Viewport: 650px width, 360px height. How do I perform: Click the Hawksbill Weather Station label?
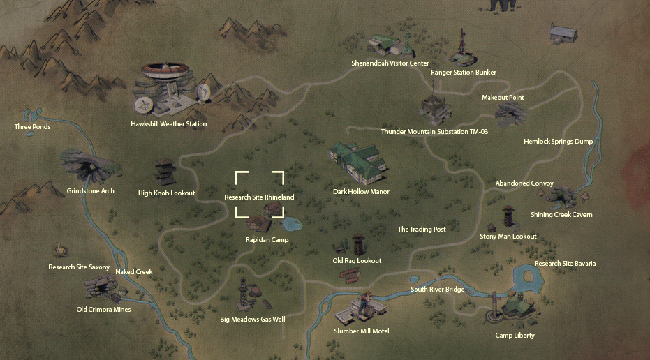pyautogui.click(x=169, y=124)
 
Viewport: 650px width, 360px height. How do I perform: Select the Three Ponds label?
pyautogui.click(x=33, y=127)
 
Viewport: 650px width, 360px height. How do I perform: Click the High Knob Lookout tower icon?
pyautogui.click(x=166, y=172)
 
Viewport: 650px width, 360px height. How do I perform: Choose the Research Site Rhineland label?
pyautogui.click(x=259, y=197)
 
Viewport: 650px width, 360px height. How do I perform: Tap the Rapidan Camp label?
pyautogui.click(x=267, y=240)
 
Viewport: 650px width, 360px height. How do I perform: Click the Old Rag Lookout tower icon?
pyautogui.click(x=358, y=245)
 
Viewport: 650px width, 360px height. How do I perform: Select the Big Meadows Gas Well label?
pyautogui.click(x=252, y=320)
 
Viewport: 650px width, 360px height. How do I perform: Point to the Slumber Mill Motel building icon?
pyautogui.click(x=361, y=309)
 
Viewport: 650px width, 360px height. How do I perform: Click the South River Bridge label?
pyautogui.click(x=437, y=290)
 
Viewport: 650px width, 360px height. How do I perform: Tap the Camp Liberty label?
pyautogui.click(x=515, y=336)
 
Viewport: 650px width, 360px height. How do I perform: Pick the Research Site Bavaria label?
pyautogui.click(x=565, y=264)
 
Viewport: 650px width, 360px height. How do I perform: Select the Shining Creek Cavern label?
pyautogui.click(x=561, y=215)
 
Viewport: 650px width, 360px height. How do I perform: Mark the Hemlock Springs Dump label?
pyautogui.click(x=558, y=142)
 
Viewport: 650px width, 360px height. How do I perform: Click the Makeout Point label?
pyautogui.click(x=503, y=98)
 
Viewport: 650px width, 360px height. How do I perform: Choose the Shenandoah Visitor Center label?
pyautogui.click(x=390, y=63)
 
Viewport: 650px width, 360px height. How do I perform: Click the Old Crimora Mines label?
pyautogui.click(x=103, y=309)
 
